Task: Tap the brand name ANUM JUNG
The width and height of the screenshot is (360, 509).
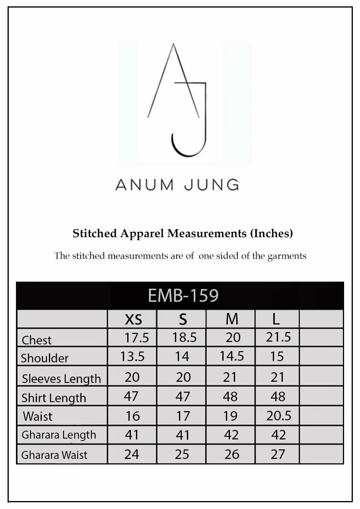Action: (x=177, y=185)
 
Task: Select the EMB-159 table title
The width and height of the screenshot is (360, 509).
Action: (x=183, y=295)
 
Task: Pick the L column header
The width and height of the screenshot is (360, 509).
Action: (x=276, y=319)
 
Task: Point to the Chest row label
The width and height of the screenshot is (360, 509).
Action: (x=37, y=340)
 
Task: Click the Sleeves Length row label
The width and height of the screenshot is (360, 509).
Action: (x=61, y=379)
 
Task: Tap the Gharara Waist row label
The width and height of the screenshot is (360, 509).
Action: (x=54, y=455)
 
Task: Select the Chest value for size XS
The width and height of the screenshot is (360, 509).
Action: (x=136, y=338)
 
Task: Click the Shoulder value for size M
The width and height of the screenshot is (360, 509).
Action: (x=232, y=356)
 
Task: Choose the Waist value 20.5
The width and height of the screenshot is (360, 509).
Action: (x=278, y=416)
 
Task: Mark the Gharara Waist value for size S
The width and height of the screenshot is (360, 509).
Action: (x=182, y=454)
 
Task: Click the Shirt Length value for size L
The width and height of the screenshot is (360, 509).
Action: (x=278, y=396)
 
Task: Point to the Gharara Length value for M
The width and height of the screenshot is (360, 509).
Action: (x=231, y=435)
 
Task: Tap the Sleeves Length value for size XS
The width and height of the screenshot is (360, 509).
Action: (x=132, y=377)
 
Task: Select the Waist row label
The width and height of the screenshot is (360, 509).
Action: (x=38, y=416)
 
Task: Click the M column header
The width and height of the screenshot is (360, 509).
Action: (x=232, y=319)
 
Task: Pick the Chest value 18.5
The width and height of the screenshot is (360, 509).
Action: (x=185, y=338)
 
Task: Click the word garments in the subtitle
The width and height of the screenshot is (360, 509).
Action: (x=286, y=256)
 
